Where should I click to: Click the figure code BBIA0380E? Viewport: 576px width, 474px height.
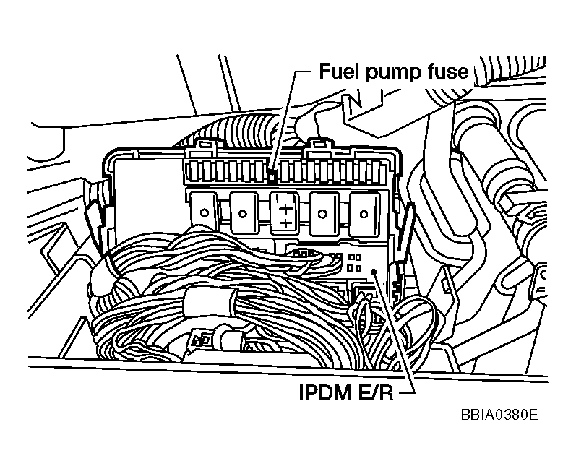click(x=498, y=417)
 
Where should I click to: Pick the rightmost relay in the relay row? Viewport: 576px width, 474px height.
click(x=364, y=212)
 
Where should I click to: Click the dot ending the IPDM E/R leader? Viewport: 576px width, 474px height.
click(x=375, y=270)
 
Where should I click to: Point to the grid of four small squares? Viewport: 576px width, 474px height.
click(x=354, y=262)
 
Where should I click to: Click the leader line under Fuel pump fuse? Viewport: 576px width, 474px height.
click(x=285, y=123)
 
